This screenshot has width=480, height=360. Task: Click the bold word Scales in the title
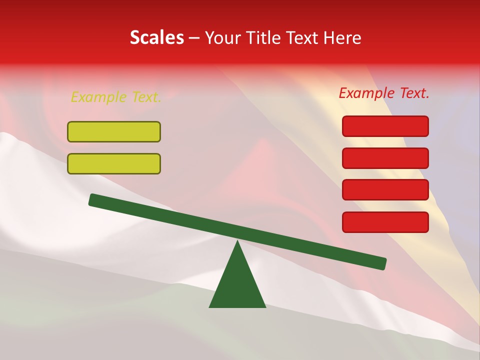(x=156, y=37)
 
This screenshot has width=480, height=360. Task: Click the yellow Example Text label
(x=116, y=97)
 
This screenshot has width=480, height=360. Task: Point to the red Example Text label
(x=384, y=93)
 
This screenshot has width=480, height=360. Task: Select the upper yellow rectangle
(x=114, y=131)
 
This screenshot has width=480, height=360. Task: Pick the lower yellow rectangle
(x=114, y=163)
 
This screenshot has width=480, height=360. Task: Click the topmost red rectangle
(x=385, y=126)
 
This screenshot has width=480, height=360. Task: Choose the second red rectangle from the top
(x=385, y=158)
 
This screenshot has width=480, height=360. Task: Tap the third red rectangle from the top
(x=385, y=190)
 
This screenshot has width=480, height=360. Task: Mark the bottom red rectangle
(x=385, y=222)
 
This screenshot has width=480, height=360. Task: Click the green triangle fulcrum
(x=237, y=285)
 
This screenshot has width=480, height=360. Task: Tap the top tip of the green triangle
(x=237, y=242)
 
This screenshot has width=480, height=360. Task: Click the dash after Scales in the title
(x=194, y=38)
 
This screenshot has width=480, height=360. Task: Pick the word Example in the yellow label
(x=98, y=97)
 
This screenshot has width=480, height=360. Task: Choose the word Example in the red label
(x=366, y=93)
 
